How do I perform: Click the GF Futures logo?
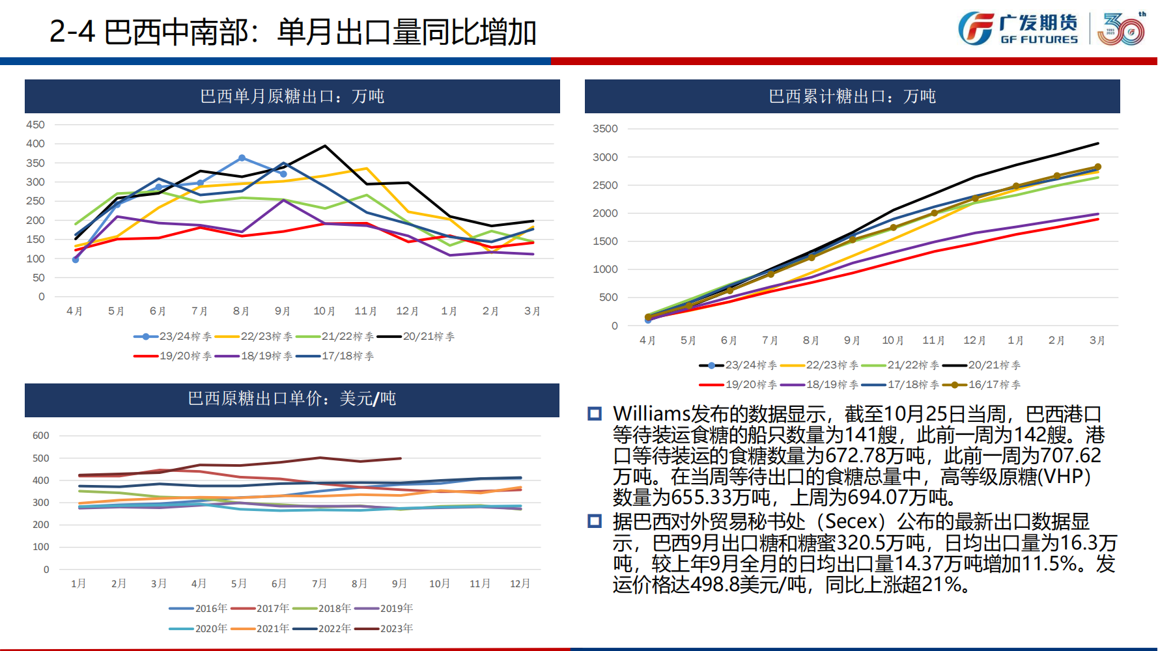tap(1017, 29)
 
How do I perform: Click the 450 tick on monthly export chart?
tap(35, 124)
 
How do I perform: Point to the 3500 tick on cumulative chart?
tap(605, 129)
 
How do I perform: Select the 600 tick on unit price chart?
tap(41, 436)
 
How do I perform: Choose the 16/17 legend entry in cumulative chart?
tap(981, 385)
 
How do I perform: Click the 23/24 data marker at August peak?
tap(242, 158)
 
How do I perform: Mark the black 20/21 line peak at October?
tap(325, 146)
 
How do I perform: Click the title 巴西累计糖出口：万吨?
tap(852, 96)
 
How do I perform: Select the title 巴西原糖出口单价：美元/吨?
tap(292, 398)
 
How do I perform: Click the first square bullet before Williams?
tap(595, 414)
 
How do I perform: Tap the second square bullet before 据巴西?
tap(595, 521)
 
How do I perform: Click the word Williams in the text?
tap(651, 414)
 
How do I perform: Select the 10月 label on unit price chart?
tap(440, 583)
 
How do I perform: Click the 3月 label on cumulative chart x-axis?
tap(1097, 340)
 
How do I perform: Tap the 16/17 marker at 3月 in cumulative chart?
tap(1097, 167)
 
